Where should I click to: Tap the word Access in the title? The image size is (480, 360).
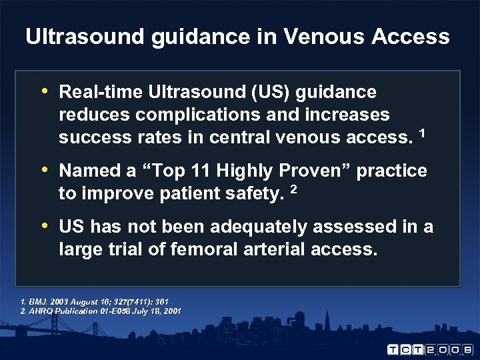point(412,36)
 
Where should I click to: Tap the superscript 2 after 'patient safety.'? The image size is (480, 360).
point(294,189)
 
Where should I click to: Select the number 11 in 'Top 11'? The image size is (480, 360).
point(206,171)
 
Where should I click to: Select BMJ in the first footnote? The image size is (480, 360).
point(37,302)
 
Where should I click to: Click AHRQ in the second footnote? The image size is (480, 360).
point(42,311)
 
